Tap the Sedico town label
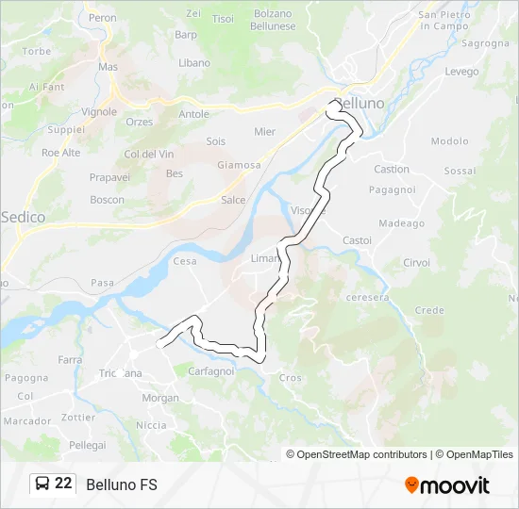23,217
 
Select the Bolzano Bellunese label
273,20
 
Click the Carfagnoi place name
211,370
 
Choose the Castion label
392,170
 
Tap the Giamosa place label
239,165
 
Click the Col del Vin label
149,154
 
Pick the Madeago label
401,223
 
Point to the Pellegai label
88,444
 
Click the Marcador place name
26,421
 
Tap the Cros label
290,378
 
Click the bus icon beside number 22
42,484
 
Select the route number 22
63,484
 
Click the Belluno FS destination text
122,484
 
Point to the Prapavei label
109,176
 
